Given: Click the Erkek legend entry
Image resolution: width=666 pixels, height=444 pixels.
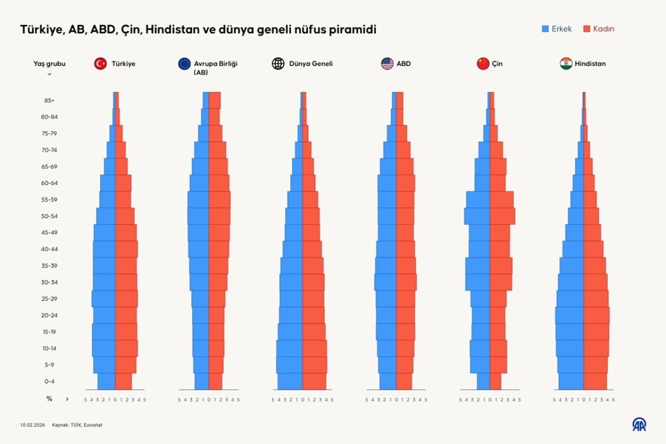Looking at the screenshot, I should (x=557, y=29).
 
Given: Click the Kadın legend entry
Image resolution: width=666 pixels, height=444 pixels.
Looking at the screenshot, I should (x=599, y=29).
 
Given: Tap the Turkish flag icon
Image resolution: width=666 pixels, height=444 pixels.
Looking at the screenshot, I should (x=100, y=63).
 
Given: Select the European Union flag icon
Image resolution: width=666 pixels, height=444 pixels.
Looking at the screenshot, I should (x=184, y=63).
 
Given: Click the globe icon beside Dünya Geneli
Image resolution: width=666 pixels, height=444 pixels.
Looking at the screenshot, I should (x=278, y=63).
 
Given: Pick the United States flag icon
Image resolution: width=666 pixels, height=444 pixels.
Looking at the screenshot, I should (x=387, y=63).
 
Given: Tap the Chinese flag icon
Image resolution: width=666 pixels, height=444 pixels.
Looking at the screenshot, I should (x=483, y=63).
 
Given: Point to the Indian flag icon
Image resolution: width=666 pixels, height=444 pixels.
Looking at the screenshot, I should (x=566, y=63).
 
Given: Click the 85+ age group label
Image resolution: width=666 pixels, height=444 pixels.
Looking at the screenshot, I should (x=49, y=100).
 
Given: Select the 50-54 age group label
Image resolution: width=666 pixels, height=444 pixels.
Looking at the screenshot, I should (x=49, y=216).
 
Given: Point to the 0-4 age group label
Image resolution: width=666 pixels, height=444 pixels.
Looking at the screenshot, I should (x=49, y=382).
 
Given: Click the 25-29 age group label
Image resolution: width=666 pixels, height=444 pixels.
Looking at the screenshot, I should (x=49, y=299).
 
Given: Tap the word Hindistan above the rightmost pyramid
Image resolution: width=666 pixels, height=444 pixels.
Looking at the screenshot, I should (x=591, y=64).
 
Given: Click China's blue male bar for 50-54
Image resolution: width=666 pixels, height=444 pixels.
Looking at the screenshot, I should (x=477, y=216).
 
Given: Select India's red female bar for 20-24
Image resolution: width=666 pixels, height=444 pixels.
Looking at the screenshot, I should (x=596, y=315).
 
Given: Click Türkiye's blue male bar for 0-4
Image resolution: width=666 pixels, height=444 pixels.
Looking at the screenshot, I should (x=107, y=382).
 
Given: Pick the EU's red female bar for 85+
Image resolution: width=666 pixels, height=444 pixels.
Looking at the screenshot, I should (x=214, y=100).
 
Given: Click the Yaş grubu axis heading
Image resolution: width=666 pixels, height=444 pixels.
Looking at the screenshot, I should (x=49, y=64).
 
